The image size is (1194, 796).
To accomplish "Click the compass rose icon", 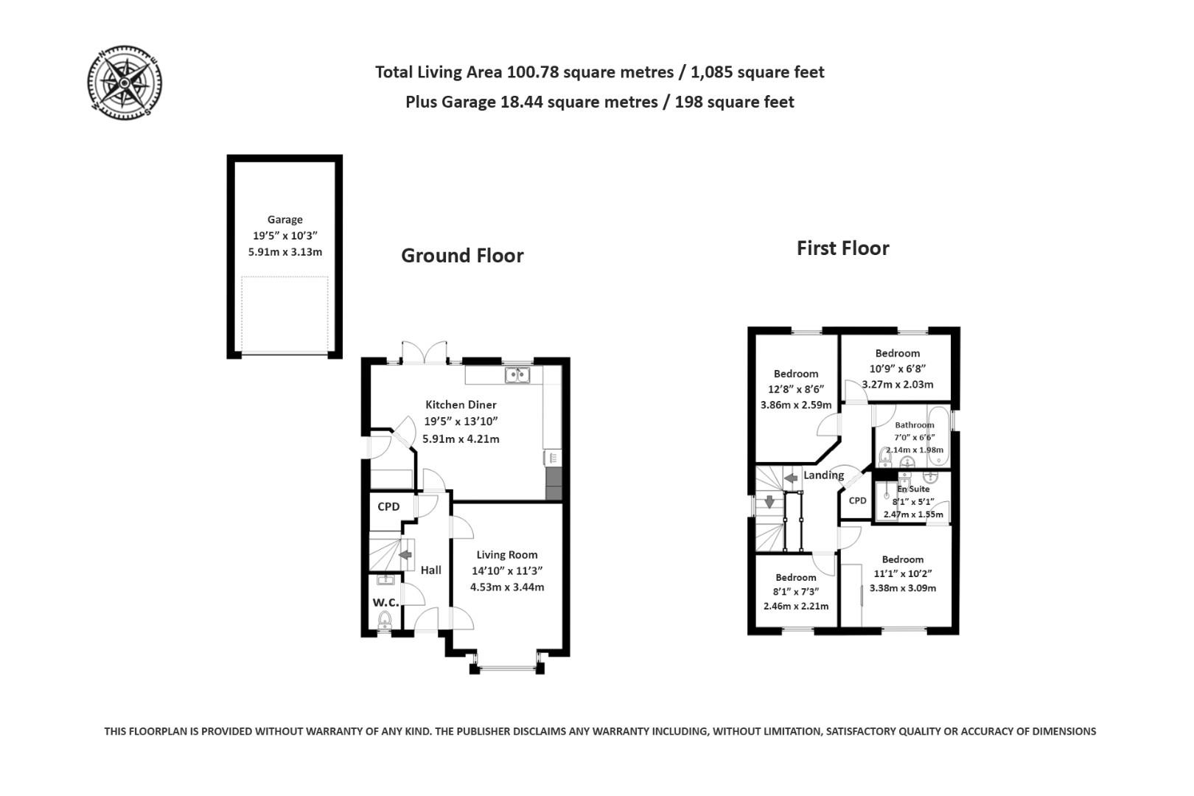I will point(125,81).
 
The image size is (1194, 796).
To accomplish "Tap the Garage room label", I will point(285,220).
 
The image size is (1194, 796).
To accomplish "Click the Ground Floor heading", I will point(462,256).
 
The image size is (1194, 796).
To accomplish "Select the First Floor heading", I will point(842,248).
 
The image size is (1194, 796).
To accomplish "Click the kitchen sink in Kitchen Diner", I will point(517,376).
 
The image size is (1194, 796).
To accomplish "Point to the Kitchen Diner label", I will point(461,405).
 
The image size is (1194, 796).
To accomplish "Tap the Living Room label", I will point(506,555).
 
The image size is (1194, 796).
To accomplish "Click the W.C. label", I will point(385,602).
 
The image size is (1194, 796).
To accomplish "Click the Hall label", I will point(431,570).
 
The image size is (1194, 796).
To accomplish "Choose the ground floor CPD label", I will point(388,506).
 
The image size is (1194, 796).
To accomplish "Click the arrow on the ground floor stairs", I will point(405,555).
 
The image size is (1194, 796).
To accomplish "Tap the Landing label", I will point(823,475).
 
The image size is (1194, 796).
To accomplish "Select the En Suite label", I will point(913,489).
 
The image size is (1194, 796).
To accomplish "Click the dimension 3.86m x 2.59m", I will point(795,405).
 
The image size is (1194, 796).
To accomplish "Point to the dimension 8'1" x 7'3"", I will point(795,591).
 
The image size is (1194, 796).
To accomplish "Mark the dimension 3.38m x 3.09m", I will point(902,588).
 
